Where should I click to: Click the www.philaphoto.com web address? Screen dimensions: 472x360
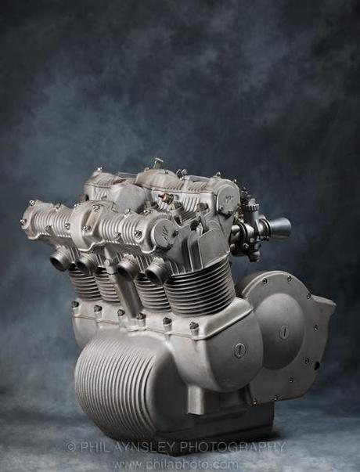(175, 463)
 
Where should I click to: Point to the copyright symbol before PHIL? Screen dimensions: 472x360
(70, 447)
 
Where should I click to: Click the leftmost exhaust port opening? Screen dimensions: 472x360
(60, 260)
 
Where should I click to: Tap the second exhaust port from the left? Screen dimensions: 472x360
(85, 264)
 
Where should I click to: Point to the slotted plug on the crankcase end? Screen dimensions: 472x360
(239, 350)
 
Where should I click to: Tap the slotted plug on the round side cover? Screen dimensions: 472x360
(283, 331)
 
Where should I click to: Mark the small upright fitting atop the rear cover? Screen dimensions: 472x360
(157, 164)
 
